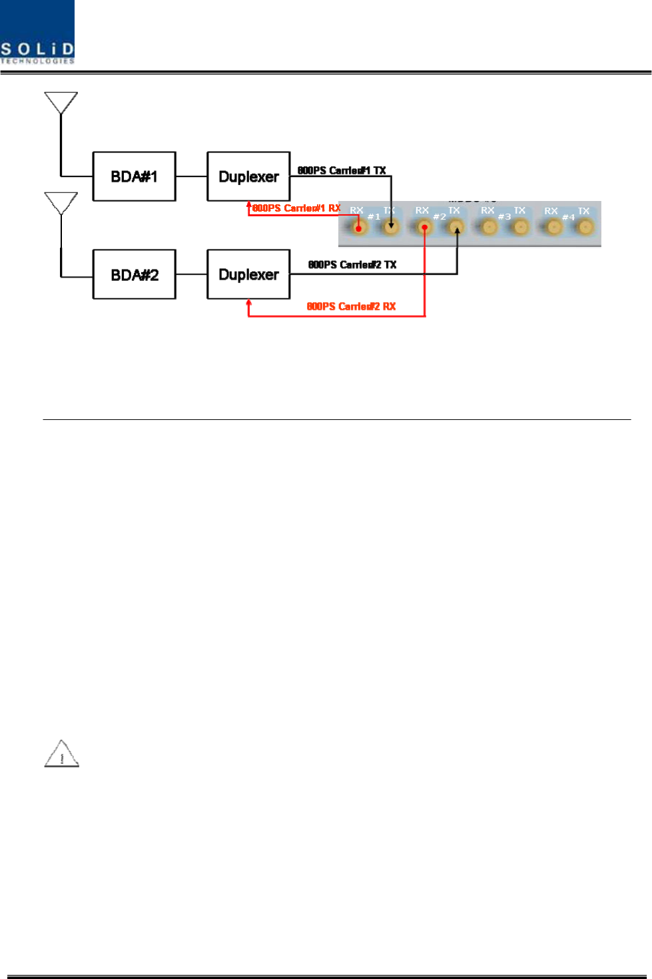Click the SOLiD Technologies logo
pyautogui.click(x=37, y=33)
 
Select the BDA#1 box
pyautogui.click(x=134, y=176)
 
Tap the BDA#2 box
pyautogui.click(x=134, y=274)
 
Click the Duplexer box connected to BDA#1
pyautogui.click(x=248, y=176)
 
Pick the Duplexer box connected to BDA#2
pyautogui.click(x=248, y=274)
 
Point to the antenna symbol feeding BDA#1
pyautogui.click(x=61, y=102)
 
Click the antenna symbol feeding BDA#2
pyautogui.click(x=61, y=203)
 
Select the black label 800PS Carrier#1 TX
pyautogui.click(x=342, y=170)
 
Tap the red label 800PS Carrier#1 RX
pyautogui.click(x=296, y=208)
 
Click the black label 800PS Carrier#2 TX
pyautogui.click(x=352, y=265)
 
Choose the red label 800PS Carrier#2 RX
pyautogui.click(x=351, y=306)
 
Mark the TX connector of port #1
pyautogui.click(x=391, y=228)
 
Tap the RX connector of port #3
pyautogui.click(x=489, y=228)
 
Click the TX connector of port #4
pyautogui.click(x=585, y=228)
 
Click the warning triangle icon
pyautogui.click(x=61, y=755)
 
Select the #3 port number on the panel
pyautogui.click(x=505, y=216)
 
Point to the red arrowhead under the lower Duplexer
pyautogui.click(x=248, y=304)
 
